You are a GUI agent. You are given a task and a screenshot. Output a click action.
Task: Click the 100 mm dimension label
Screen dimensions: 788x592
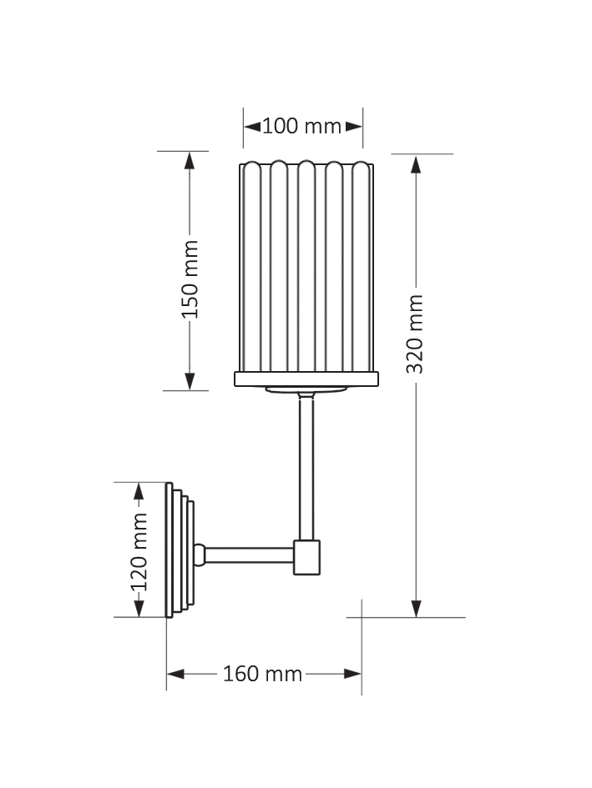(x=302, y=127)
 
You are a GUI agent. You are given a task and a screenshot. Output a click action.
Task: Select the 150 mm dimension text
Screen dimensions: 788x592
(x=190, y=279)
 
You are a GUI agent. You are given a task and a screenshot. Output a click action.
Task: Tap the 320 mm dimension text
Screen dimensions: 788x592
(x=416, y=334)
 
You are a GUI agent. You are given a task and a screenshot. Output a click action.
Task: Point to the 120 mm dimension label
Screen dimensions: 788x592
(x=139, y=551)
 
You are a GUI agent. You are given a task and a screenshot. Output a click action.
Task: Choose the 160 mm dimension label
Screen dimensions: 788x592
(x=262, y=674)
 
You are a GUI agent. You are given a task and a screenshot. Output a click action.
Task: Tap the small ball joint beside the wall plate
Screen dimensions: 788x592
(x=200, y=554)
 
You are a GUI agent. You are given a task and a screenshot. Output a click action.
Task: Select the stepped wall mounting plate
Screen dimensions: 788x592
(x=179, y=550)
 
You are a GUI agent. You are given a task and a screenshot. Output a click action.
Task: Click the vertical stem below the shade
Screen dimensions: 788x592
(x=306, y=467)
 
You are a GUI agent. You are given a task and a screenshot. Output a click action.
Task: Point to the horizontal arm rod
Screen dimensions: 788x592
(x=248, y=555)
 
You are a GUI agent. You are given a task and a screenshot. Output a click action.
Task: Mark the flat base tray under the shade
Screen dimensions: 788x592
(x=306, y=379)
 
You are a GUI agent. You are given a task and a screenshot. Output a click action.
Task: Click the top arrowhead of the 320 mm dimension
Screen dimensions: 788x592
(x=416, y=163)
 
